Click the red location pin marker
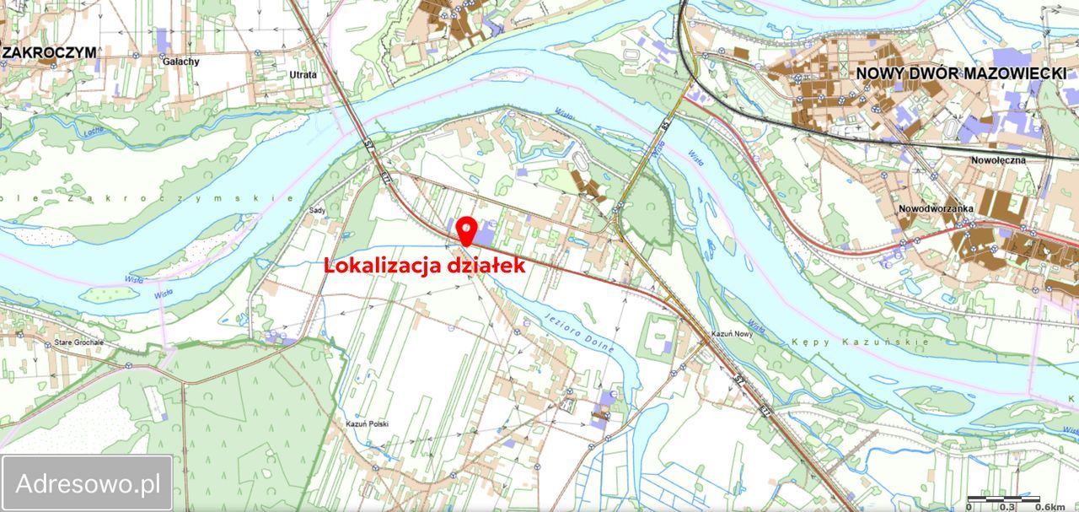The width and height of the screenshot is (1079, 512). click(x=465, y=230)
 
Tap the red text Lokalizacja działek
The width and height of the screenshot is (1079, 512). click(x=426, y=265)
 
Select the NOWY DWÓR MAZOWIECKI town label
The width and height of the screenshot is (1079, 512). click(x=961, y=73)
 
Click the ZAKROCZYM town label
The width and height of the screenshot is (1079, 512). click(x=49, y=52)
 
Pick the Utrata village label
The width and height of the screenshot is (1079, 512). click(x=303, y=75)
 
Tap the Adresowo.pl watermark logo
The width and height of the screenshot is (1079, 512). click(x=88, y=483)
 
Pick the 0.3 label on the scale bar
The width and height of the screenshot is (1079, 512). click(x=1007, y=507)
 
